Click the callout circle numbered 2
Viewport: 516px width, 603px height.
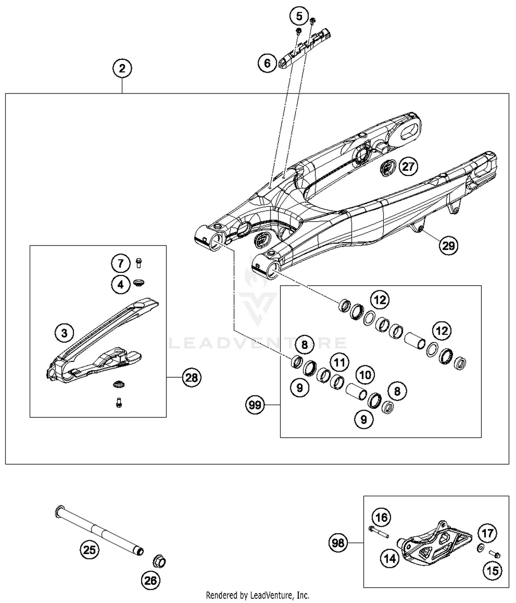(x=122, y=68)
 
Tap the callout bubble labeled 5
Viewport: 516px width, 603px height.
(x=299, y=16)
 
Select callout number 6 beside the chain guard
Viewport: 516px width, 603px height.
(x=267, y=63)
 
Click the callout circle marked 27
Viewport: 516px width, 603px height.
(x=408, y=167)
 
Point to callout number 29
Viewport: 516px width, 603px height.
(x=449, y=246)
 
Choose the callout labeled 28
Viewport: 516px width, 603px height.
(x=192, y=378)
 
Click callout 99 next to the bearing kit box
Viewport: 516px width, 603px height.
(x=255, y=405)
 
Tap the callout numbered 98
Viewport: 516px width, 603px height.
(x=338, y=543)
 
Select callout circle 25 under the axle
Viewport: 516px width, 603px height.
(x=89, y=550)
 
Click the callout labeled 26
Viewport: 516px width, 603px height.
(x=151, y=581)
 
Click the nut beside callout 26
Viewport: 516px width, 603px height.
(x=159, y=562)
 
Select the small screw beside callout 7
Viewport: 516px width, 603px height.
(x=139, y=263)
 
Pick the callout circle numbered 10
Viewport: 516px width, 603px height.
(x=365, y=375)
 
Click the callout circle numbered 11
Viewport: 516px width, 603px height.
(x=340, y=363)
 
